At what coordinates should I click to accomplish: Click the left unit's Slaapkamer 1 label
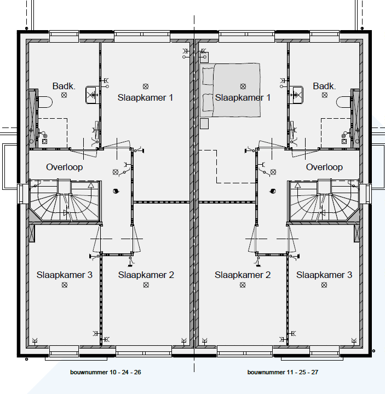pos(145,97)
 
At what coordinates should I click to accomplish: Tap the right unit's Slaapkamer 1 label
pos(243,97)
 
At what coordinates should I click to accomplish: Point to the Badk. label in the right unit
pos(324,86)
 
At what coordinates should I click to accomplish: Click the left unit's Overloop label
pos(65,167)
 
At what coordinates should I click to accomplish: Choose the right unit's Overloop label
pos(324,167)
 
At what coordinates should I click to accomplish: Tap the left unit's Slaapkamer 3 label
pos(64,275)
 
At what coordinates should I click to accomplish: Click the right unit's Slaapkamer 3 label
pos(324,275)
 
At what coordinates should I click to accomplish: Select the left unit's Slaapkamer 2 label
pos(146,275)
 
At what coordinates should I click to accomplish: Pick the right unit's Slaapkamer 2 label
pos(243,275)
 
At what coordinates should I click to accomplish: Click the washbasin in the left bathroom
pos(91,95)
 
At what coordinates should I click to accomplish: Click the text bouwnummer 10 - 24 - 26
pos(106,373)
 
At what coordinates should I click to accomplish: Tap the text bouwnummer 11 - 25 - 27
pos(283,373)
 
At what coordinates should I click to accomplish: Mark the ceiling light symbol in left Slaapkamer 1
pos(146,86)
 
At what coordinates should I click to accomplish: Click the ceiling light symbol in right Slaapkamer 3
pos(324,285)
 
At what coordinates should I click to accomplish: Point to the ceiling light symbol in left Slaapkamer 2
pos(146,285)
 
